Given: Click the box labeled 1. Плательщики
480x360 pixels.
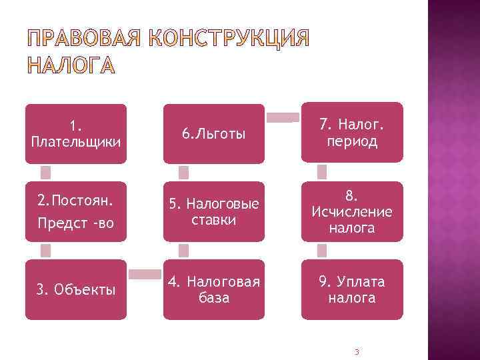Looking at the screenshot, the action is pos(75,133).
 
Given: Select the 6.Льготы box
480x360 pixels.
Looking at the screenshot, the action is pos(213,133).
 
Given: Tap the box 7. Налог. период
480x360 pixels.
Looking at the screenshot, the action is pos(352,132).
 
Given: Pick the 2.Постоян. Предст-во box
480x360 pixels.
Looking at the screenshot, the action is pos(75,211).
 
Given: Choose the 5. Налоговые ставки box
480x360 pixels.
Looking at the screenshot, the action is pos(213,211).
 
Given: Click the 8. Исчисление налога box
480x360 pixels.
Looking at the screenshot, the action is pos(352,211).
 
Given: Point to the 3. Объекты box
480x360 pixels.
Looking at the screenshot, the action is pos(75,289).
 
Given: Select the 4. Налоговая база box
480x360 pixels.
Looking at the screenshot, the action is pos(213,289).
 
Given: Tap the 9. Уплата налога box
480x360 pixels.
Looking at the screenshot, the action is pos(352,289).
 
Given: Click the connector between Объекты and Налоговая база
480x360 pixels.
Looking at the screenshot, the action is pos(145,274).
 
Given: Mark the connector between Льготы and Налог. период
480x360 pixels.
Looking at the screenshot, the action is pos(283,118).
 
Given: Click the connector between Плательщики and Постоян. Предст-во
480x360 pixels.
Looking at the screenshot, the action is pos(45,173).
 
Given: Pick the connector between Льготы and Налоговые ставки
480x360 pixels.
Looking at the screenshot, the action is pos(184,173).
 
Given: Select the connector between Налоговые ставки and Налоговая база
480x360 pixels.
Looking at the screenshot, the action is pos(184,250).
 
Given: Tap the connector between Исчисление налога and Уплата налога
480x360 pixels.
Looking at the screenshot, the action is pos(322,250).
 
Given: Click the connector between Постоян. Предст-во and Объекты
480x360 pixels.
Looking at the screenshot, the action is pos(45,250).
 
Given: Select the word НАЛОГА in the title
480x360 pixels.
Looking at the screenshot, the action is pos(70,66).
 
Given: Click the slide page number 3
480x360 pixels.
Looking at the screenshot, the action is pos(357,351).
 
